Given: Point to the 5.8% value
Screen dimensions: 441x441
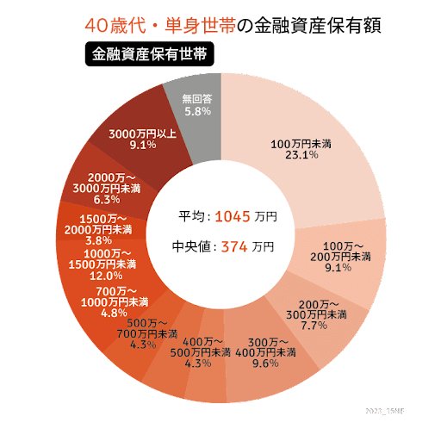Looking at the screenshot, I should pos(196,112).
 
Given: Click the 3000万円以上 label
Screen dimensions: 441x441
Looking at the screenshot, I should pos(143,134).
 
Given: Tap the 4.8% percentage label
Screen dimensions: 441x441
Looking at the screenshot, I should pos(114,313).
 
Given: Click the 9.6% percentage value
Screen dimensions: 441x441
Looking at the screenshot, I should pos(276,363).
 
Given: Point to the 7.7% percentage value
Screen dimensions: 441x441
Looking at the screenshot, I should pos(322,326).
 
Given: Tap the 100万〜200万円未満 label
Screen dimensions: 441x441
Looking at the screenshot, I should pos(343,250).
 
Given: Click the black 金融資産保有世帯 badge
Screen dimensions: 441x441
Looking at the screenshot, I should pos(150,54).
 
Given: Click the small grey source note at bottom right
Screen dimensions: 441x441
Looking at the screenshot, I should pos(389,413).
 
